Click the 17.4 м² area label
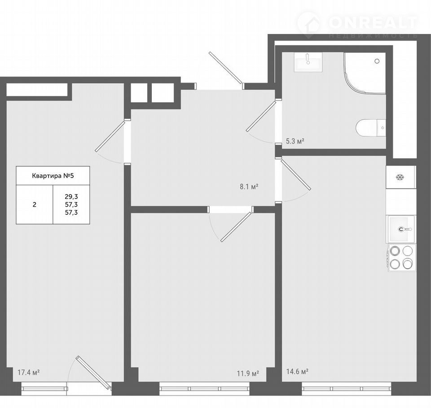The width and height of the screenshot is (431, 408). click(29, 373)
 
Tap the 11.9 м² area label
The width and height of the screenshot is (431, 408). click(248, 373)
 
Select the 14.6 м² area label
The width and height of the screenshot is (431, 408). click(297, 372)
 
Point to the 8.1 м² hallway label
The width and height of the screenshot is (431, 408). click(249, 187)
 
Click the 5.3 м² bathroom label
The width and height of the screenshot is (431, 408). click(295, 141)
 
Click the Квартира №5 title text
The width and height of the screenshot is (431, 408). click(53, 176)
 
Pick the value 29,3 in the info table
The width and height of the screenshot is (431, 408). click(71, 196)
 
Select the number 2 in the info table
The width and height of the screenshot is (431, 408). click(35, 204)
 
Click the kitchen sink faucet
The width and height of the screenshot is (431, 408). click(405, 229)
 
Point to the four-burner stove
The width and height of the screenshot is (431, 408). click(401, 257)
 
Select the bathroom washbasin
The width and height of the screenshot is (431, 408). click(308, 62)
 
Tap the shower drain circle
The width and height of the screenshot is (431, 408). click(377, 61)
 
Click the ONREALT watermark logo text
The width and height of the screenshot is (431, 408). click(373, 22)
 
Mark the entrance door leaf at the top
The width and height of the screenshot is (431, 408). click(225, 67)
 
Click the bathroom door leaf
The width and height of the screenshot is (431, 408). click(261, 116)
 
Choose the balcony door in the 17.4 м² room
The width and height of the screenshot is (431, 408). click(94, 373)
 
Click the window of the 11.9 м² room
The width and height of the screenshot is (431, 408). click(205, 389)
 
